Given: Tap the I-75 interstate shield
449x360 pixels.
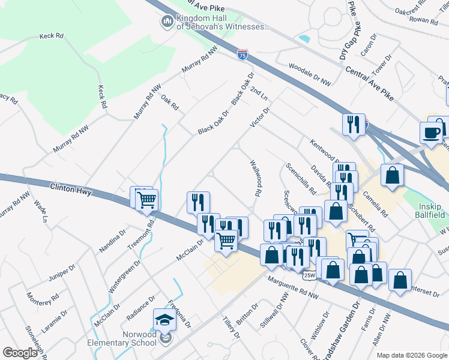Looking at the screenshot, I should point(241,55).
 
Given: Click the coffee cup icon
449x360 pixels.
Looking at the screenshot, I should point(430,133).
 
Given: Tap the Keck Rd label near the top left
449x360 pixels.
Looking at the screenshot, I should point(51,36).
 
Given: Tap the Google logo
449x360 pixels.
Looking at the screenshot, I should point(20,352).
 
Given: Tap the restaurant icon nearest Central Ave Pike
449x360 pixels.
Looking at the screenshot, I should point(353,125).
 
